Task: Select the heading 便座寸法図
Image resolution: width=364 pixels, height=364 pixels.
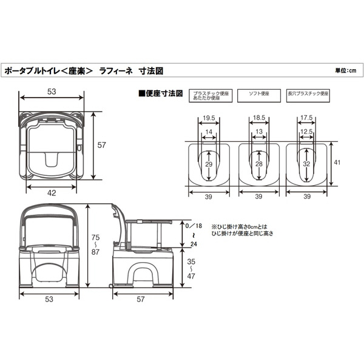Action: coord(162,94)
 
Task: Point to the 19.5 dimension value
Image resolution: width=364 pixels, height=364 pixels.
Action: coord(208,118)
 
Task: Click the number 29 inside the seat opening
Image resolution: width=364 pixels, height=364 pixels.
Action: coord(208,165)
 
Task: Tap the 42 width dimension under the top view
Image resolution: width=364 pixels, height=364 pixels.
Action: coord(53,192)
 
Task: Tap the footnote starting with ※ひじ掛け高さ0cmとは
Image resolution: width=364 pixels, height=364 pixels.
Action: coord(242,229)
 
